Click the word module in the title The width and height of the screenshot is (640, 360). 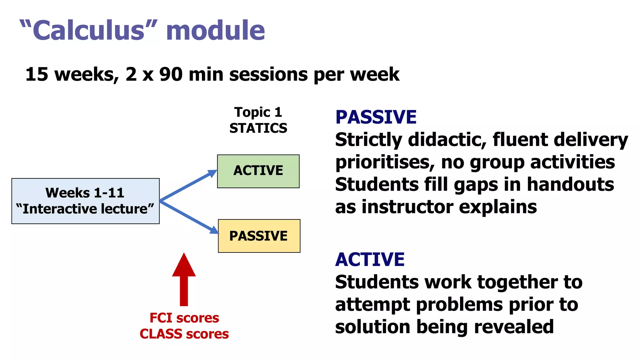coord(215,31)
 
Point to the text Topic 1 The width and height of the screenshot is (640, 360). coord(258,112)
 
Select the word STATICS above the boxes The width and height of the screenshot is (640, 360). coord(258,128)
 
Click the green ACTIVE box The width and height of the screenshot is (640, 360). coord(258,171)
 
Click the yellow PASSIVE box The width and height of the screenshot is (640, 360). coord(259,236)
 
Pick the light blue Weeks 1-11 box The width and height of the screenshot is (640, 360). coord(85,201)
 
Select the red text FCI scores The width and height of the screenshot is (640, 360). coord(184,318)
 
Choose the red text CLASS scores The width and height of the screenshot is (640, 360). coord(184,334)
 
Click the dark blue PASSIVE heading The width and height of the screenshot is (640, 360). coord(376,117)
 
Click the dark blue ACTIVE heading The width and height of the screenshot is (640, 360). coord(370,260)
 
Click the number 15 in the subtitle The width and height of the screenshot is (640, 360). coord(37,75)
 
